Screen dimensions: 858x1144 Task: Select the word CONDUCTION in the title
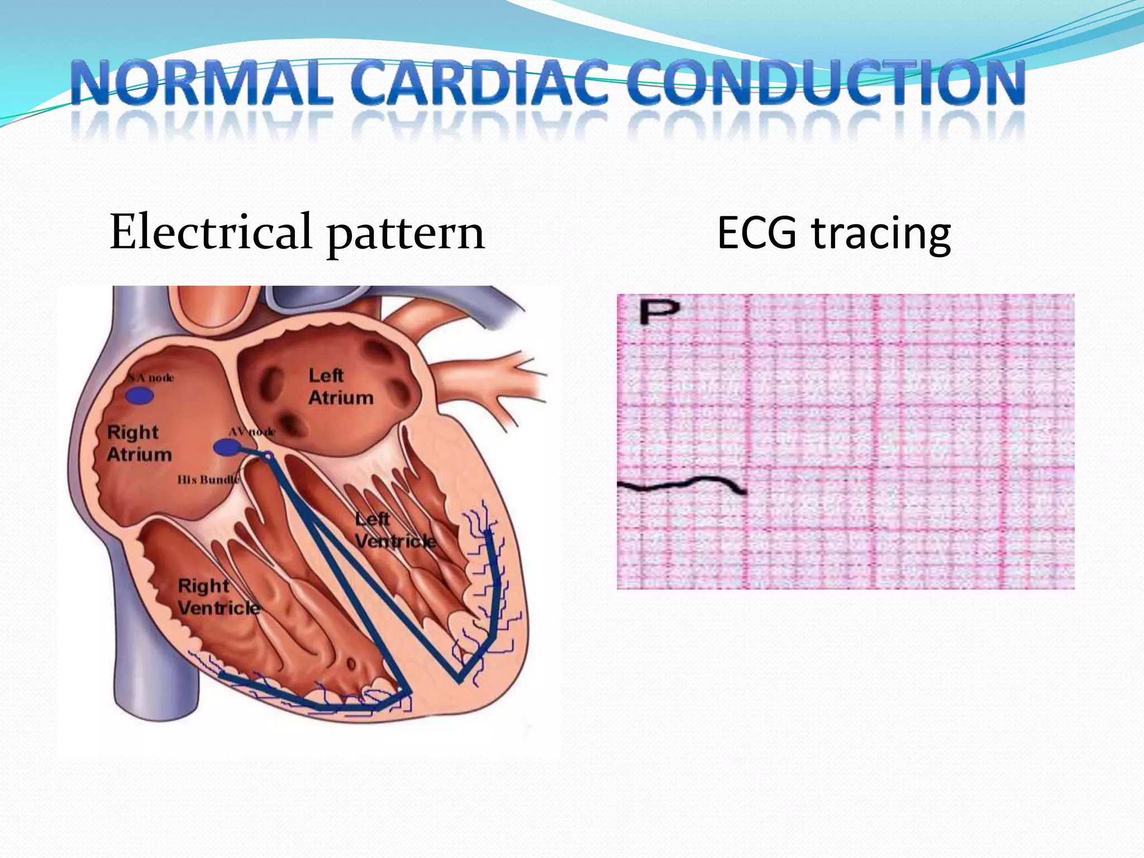pos(825,84)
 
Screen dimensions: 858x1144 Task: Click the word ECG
pos(756,232)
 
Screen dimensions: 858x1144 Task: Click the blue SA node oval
pos(139,396)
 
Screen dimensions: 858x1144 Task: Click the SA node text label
pos(151,378)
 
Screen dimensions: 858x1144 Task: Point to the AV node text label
pos(252,432)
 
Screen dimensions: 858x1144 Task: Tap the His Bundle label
pos(208,480)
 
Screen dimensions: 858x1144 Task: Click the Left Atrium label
pos(340,387)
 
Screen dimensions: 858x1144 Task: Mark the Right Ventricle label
pos(218,597)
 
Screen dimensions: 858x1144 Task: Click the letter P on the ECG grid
pos(659,311)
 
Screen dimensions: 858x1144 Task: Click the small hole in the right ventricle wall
pos(351,664)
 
